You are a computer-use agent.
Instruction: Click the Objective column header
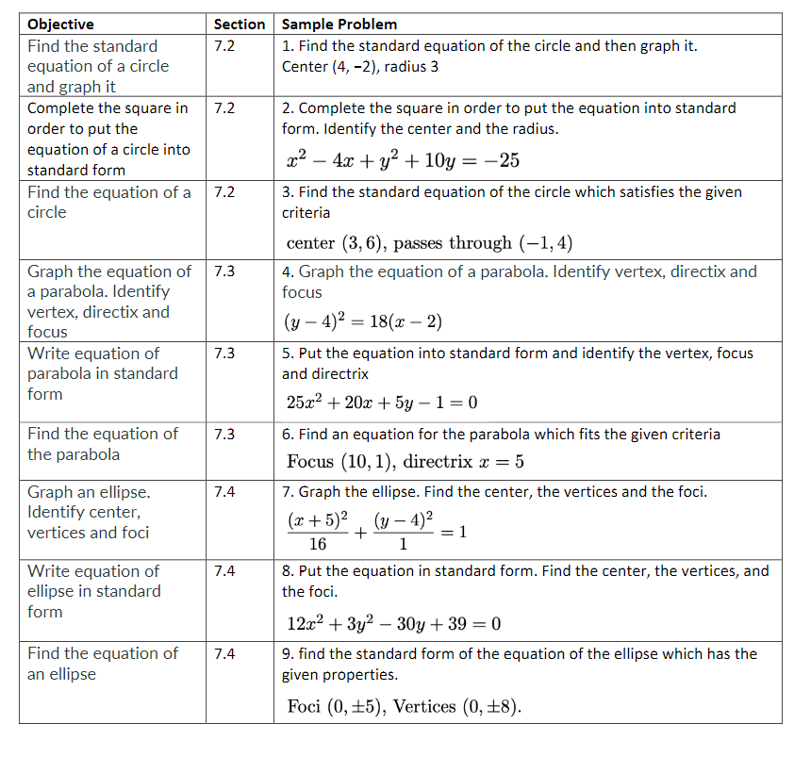(x=60, y=25)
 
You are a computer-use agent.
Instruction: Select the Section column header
(x=240, y=25)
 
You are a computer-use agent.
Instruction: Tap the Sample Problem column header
(x=339, y=25)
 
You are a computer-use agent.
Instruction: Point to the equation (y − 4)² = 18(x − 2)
(x=363, y=321)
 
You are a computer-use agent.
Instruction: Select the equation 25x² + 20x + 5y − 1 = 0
(x=381, y=403)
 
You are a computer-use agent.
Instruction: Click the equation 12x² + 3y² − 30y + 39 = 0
(x=392, y=623)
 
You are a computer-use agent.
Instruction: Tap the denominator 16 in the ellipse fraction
(x=318, y=544)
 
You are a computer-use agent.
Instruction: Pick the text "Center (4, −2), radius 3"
(x=360, y=67)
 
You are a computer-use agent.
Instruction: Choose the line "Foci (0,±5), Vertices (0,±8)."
(x=404, y=707)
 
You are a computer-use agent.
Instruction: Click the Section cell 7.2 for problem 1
(x=224, y=46)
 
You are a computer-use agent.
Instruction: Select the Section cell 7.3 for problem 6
(x=224, y=435)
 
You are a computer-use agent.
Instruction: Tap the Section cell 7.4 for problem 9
(x=224, y=653)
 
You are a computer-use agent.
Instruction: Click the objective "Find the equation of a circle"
(x=108, y=202)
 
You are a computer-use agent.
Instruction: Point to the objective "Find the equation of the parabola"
(x=102, y=444)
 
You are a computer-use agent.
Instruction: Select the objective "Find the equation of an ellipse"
(x=102, y=664)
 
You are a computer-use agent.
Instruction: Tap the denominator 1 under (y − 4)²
(x=404, y=544)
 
